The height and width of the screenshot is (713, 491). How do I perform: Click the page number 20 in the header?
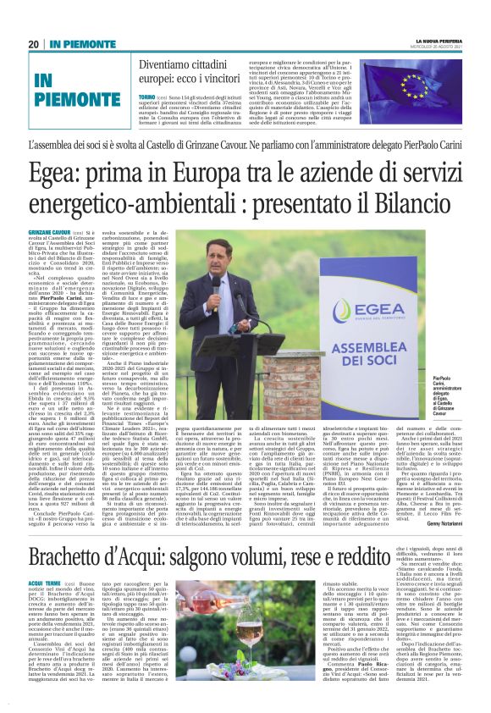coord(34,44)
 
